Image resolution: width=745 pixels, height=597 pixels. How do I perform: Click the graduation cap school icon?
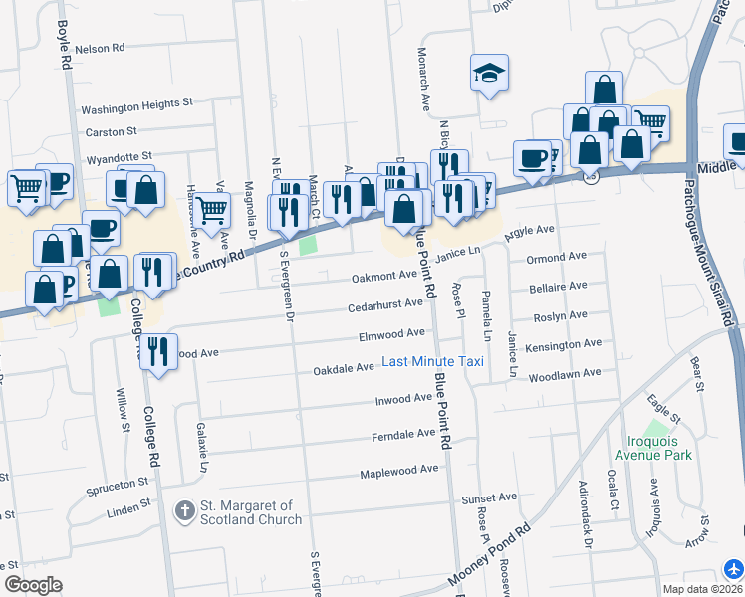489,74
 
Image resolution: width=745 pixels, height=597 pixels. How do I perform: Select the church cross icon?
183,512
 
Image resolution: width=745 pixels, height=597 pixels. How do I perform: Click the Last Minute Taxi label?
433,361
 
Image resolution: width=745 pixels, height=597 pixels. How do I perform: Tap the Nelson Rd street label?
100,48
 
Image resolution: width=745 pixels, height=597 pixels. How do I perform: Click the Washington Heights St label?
136,102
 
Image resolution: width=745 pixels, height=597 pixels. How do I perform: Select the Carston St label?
111,131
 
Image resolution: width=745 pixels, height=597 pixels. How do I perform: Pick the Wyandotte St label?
119,156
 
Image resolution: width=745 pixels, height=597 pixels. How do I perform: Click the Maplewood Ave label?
399,469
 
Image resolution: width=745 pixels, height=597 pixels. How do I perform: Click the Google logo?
33,585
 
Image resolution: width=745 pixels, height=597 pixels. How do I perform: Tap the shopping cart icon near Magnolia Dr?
212,210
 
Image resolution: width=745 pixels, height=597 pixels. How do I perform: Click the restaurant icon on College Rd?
157,351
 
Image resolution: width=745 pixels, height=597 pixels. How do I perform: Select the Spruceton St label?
117,481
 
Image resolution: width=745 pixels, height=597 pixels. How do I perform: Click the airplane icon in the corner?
734,568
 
